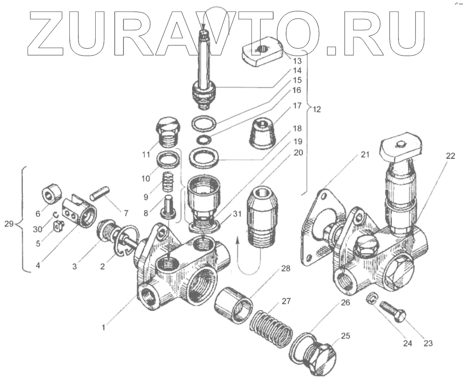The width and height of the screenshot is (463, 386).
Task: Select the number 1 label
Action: click(x=102, y=328)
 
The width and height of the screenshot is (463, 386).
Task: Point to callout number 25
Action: click(x=345, y=336)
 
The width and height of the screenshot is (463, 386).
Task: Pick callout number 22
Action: click(x=451, y=156)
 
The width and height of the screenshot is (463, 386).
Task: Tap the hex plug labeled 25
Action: click(x=320, y=357)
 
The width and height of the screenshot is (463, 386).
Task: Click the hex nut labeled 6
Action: click(x=52, y=195)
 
